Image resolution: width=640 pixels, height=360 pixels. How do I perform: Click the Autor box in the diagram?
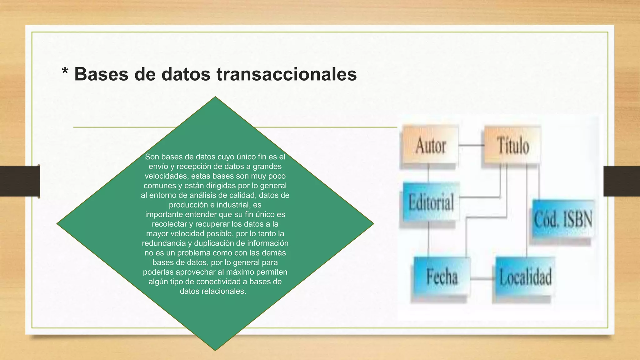pyautogui.click(x=430, y=145)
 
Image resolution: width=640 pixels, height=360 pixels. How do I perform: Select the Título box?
pyautogui.click(x=512, y=145)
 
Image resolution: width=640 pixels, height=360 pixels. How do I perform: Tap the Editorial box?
pyautogui.click(x=431, y=202)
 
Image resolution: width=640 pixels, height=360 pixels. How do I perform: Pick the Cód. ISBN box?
pyautogui.click(x=563, y=219)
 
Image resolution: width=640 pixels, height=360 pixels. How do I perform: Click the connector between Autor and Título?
pyautogui.click(x=471, y=145)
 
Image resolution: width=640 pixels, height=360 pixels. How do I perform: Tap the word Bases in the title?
pyautogui.click(x=101, y=74)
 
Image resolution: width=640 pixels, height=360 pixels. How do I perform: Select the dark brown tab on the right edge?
pyautogui.click(x=621, y=181)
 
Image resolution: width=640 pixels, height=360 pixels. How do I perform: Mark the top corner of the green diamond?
pyautogui.click(x=215, y=97)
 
